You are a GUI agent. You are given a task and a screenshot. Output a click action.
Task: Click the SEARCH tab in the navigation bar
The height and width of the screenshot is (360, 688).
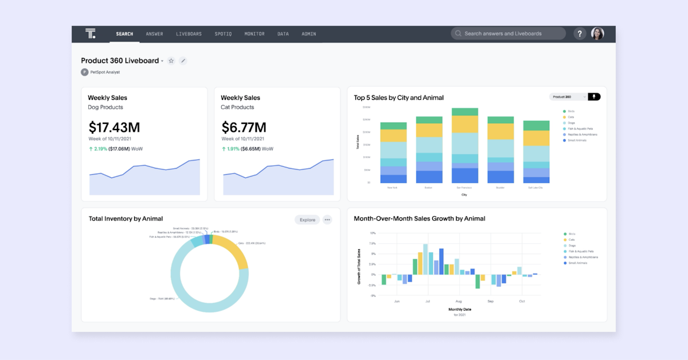tap(124, 34)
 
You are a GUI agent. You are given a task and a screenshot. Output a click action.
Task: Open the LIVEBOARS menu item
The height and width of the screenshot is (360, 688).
tap(189, 34)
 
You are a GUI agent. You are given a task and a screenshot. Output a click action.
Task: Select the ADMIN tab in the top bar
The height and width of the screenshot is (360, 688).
tap(308, 34)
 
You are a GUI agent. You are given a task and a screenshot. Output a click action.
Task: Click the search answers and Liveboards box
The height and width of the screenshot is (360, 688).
tap(508, 34)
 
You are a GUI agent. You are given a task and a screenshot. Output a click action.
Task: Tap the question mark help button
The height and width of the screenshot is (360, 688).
tap(580, 34)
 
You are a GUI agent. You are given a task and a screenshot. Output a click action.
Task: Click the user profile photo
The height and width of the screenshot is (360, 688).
tap(597, 34)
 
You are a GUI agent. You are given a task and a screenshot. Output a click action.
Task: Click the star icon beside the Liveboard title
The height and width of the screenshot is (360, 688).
tap(171, 61)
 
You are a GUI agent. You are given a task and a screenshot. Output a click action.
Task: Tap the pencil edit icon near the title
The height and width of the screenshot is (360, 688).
tap(183, 61)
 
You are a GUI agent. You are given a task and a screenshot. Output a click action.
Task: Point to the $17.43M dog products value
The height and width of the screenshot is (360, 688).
tap(115, 127)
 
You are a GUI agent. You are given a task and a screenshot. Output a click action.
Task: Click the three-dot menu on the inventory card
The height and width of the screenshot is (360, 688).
tap(327, 220)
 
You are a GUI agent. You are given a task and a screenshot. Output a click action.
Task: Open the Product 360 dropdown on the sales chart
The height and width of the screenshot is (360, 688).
tap(568, 97)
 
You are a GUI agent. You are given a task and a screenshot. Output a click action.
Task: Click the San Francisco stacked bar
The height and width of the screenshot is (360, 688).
tap(465, 146)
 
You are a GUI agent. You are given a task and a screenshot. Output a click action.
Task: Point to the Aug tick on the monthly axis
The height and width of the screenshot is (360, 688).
tap(458, 301)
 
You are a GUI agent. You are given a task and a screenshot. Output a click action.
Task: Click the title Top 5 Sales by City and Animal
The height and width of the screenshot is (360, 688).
tap(398, 97)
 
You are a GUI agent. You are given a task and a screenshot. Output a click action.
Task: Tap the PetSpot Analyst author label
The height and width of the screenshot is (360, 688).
tap(105, 72)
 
